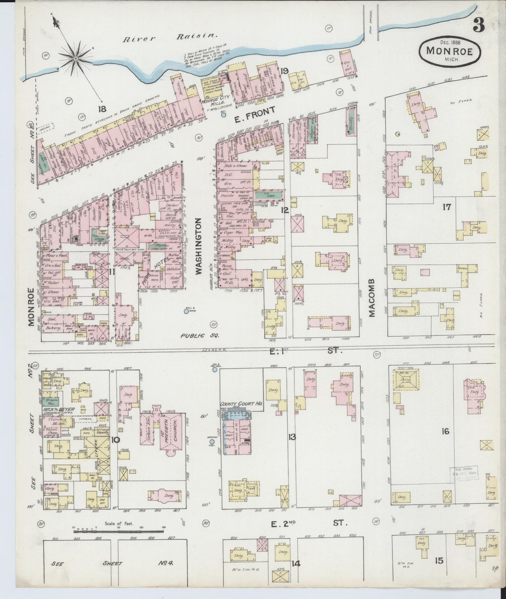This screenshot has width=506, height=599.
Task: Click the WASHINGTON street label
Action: tap(199, 246)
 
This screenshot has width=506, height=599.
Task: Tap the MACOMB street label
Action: tap(372, 298)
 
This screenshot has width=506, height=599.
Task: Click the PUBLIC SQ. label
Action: tap(200, 336)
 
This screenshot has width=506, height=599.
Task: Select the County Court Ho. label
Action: tap(241, 404)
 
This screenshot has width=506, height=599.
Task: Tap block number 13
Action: tap(292, 437)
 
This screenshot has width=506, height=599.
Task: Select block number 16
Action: tap(445, 432)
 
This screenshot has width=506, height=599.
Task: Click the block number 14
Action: tap(296, 564)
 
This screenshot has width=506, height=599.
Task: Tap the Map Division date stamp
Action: tap(463, 474)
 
